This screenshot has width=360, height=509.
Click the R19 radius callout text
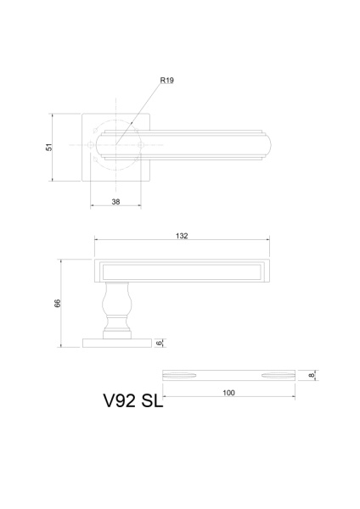tap(166, 81)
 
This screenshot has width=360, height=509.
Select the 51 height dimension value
tap(48, 147)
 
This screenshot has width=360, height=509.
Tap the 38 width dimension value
tap(116, 202)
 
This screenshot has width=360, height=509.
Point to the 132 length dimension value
tap(181, 236)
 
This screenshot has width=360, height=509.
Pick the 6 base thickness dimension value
tap(159, 343)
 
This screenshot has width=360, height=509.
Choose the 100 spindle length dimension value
tap(228, 393)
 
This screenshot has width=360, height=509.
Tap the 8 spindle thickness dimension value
tap(312, 375)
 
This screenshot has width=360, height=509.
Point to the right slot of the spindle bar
tap(277, 374)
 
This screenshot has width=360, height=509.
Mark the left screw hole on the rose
tap(91, 146)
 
